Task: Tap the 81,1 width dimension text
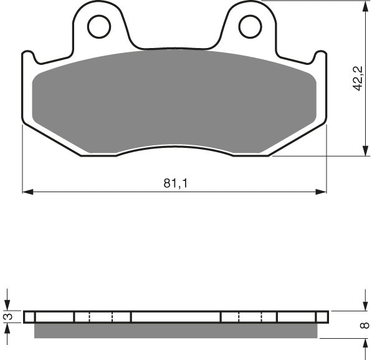click(x=174, y=183)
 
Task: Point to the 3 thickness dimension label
click(x=7, y=317)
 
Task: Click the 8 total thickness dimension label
click(x=365, y=325)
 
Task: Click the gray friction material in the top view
click(x=174, y=100)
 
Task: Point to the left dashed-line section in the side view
click(x=102, y=317)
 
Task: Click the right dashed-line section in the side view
click(x=249, y=317)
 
